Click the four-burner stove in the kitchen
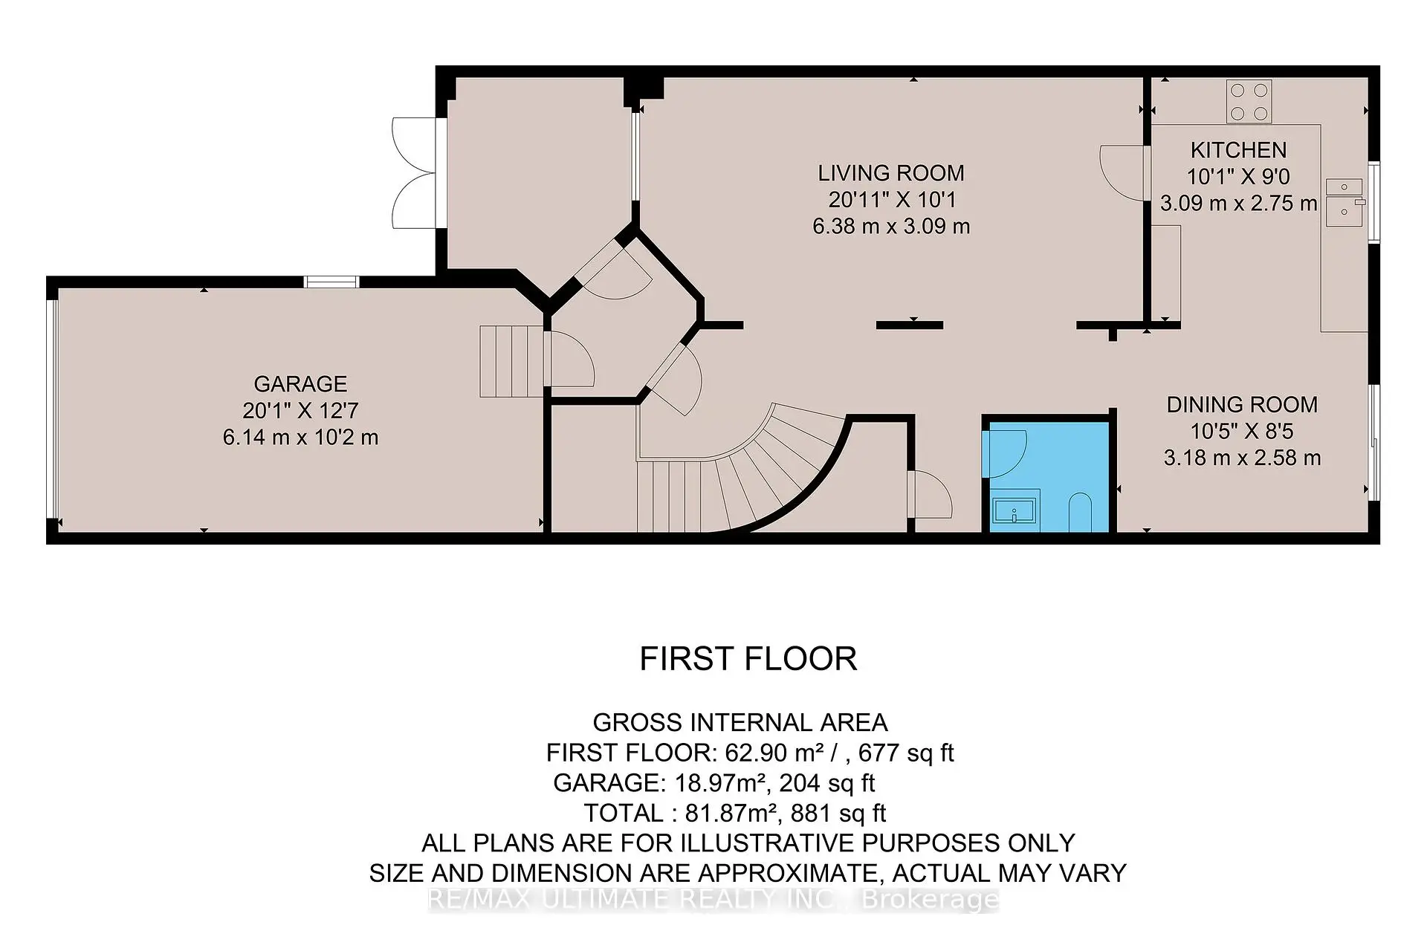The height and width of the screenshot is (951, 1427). point(1249,102)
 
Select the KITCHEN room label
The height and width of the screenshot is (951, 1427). point(1238,150)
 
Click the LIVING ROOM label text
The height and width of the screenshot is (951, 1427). point(891,173)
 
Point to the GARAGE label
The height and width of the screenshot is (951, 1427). point(300,384)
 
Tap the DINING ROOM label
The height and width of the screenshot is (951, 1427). point(1242,405)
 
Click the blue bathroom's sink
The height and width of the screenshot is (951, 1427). point(1015,512)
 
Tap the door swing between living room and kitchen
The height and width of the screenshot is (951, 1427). point(1122,172)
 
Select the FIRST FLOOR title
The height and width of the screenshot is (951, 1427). point(748,659)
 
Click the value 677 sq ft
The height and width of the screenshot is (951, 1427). point(906,753)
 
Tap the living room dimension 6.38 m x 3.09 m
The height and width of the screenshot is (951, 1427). point(891,226)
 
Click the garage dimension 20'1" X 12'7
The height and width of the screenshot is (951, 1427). point(300,410)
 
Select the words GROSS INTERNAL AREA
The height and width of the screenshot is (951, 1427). point(740,722)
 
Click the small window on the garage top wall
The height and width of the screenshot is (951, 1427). point(331,282)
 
